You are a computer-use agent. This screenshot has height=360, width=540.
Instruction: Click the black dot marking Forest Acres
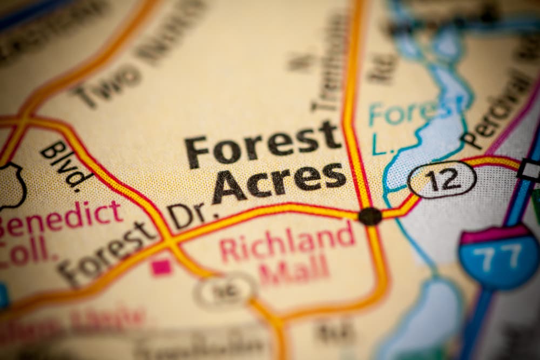370,216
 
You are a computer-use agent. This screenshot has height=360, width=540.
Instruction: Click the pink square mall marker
161,267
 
